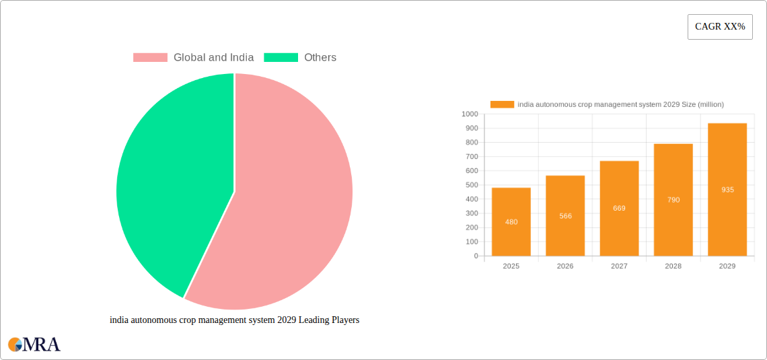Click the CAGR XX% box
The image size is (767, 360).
(x=719, y=27)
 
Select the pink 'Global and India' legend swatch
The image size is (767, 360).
(x=150, y=58)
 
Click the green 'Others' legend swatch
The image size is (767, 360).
(x=281, y=58)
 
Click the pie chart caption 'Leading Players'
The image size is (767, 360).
(x=234, y=320)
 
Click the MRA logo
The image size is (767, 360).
(x=34, y=345)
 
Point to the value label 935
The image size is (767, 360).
(x=727, y=190)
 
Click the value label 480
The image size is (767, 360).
(x=511, y=222)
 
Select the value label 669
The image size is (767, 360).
(x=619, y=209)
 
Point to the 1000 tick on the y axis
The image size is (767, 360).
(x=469, y=114)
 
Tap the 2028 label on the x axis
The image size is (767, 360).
(x=673, y=266)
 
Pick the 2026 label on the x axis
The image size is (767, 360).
(x=565, y=266)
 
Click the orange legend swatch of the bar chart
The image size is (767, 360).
(x=502, y=104)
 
